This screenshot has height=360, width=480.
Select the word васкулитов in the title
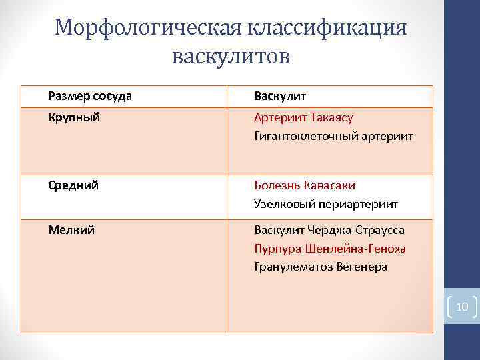tap(231, 56)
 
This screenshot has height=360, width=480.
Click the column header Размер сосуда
tap(90, 96)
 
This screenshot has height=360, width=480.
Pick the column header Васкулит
tap(280, 96)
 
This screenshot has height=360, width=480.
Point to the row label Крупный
tap(74, 117)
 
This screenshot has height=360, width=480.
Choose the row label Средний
tap(73, 185)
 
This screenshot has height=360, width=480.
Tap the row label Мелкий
tap(71, 230)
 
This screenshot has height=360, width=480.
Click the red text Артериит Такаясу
tap(303, 117)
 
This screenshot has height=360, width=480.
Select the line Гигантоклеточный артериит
tap(333, 136)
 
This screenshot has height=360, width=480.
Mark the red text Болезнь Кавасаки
tap(305, 185)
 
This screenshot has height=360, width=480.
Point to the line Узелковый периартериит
tap(326, 204)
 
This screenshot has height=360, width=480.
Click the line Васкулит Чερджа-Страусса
tap(329, 230)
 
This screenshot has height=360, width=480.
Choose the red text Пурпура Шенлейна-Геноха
tap(330, 249)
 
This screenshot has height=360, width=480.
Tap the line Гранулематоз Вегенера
tap(321, 267)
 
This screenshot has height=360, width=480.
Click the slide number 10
tap(462, 307)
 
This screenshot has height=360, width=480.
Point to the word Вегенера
tap(363, 267)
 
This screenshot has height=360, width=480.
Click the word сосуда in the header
tap(113, 96)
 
